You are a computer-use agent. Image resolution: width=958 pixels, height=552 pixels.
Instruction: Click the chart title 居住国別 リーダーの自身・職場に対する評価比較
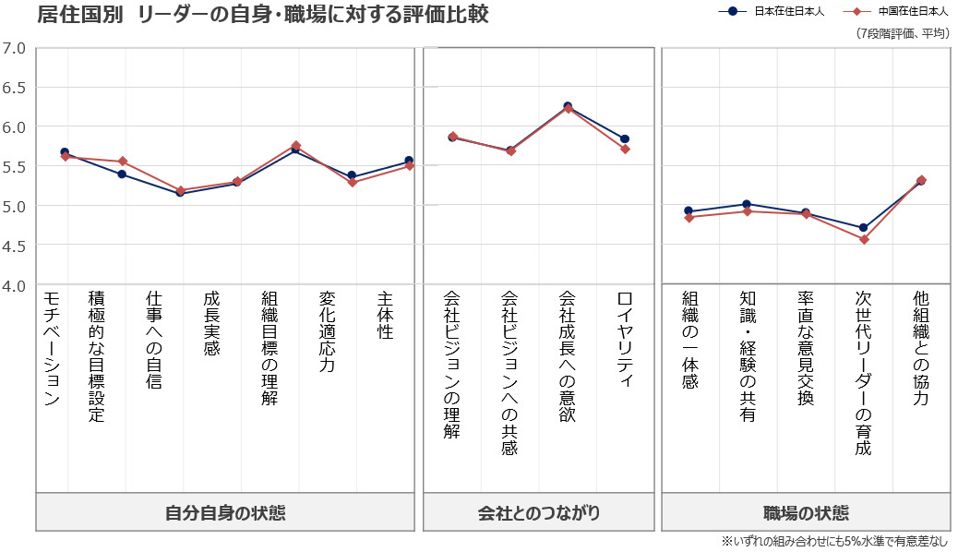[263, 15]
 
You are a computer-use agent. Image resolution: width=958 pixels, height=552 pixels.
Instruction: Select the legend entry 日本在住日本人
[787, 12]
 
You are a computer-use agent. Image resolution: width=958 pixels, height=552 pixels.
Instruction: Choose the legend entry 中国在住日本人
[912, 12]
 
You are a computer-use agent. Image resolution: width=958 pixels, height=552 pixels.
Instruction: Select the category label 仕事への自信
[154, 340]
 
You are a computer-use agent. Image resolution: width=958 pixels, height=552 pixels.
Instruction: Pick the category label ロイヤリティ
[625, 340]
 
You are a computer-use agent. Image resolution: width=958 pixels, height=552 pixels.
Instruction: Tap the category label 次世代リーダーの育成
[863, 373]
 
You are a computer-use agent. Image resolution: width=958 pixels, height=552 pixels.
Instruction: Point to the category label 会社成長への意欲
[567, 357]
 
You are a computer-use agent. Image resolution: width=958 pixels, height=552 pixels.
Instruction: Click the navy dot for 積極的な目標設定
[122, 174]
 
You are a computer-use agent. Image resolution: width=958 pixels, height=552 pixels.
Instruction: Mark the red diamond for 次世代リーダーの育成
[863, 239]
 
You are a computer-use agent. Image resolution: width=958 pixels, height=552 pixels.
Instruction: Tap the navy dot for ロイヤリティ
[625, 138]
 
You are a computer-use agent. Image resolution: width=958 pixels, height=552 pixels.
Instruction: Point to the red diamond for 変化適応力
[352, 182]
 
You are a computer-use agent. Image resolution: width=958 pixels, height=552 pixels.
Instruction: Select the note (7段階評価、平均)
[903, 34]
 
